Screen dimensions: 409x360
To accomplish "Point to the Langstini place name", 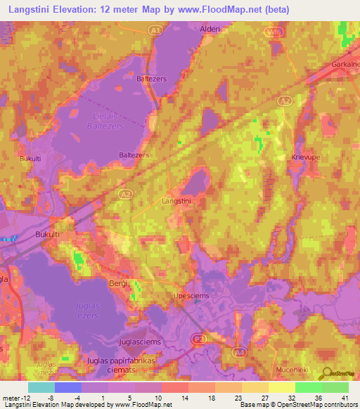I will click(x=176, y=201).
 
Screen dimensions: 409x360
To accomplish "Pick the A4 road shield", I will click(x=240, y=352).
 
